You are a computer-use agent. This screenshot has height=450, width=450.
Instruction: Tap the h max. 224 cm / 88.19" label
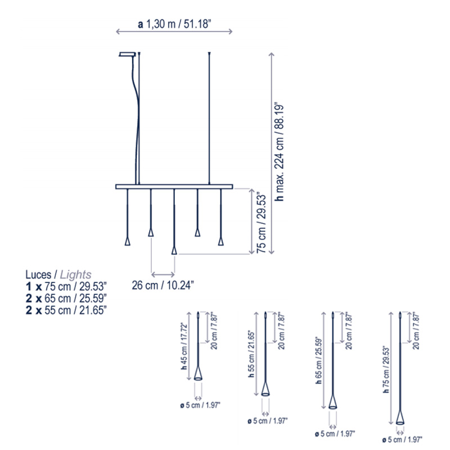[279, 151]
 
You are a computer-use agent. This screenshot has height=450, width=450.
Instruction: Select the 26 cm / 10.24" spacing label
[163, 285]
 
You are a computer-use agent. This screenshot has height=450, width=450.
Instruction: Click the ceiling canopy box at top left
[127, 54]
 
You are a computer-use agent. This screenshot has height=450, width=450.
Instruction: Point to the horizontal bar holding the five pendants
[174, 187]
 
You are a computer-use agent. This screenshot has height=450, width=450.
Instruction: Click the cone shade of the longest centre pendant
[174, 250]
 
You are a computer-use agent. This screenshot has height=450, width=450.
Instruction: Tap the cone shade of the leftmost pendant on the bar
[128, 241]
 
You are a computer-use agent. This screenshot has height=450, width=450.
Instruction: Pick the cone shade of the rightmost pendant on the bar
[220, 241]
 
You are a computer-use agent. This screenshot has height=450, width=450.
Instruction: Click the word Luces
[38, 274]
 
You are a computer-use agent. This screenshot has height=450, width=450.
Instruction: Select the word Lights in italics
[75, 275]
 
